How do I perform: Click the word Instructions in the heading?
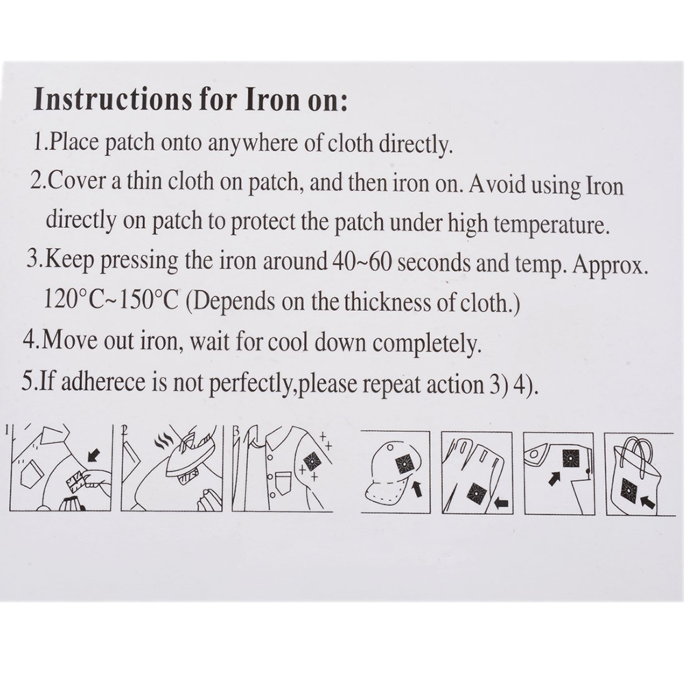(113, 100)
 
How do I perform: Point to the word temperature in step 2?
(551, 225)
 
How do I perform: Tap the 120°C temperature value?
(73, 299)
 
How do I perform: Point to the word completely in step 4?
(427, 344)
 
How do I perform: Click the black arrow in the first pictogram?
(94, 455)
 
